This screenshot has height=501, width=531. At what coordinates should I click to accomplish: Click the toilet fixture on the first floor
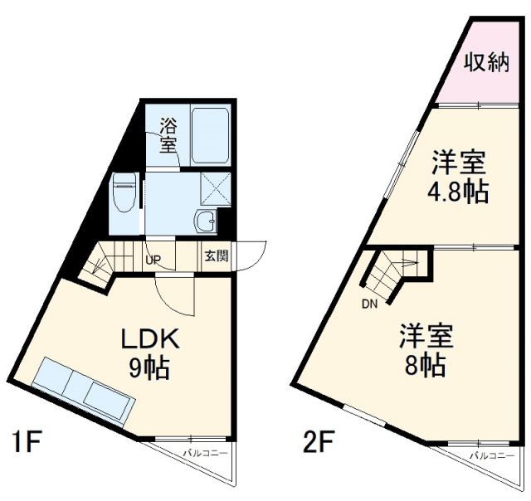point(125,192)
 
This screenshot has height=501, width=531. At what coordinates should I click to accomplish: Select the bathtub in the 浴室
point(210,136)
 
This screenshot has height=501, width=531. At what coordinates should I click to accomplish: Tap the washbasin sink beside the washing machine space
point(205,221)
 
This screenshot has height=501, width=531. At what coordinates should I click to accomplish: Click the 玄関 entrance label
point(217,256)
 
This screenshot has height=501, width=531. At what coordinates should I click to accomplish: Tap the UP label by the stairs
point(153,260)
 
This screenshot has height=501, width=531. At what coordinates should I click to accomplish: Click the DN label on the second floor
point(369,304)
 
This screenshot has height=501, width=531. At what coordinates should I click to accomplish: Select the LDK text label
point(150,339)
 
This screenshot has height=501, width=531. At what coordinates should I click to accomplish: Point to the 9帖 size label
point(149,368)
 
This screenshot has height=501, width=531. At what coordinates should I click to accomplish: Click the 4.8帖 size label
point(458,192)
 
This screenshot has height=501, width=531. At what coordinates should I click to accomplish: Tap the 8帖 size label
point(425,366)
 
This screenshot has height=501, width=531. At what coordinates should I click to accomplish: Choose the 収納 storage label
point(487,63)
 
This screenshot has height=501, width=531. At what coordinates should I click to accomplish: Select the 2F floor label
point(319,441)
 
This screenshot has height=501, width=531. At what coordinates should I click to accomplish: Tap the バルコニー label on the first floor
point(206,453)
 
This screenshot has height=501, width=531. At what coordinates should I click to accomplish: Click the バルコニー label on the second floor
point(492,455)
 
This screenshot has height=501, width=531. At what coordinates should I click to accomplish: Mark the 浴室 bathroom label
point(168,135)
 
